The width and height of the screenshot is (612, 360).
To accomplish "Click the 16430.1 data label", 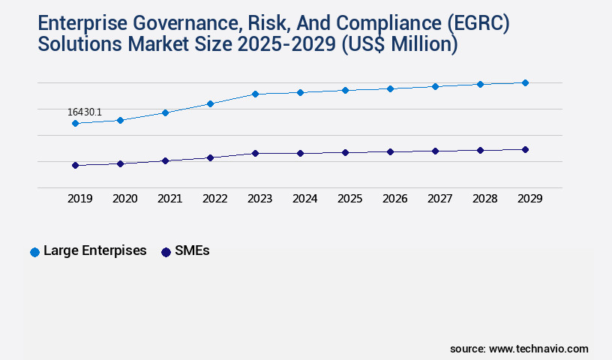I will click(x=85, y=112).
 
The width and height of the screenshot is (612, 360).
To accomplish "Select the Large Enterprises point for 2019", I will click(x=75, y=123).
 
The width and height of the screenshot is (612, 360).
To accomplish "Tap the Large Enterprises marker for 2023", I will click(x=255, y=94).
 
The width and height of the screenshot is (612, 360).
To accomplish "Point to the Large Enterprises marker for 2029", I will click(x=525, y=82).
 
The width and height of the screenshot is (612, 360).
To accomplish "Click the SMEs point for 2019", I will click(x=75, y=165).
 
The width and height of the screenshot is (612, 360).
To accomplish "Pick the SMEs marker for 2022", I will click(x=210, y=157).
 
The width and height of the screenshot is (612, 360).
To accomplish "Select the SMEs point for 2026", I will click(x=390, y=151).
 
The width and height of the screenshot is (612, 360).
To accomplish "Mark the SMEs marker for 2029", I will click(x=525, y=149).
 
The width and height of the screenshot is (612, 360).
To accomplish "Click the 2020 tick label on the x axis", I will click(x=124, y=199).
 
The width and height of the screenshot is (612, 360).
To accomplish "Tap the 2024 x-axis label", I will click(x=304, y=199).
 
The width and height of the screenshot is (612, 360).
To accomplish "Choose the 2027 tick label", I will click(x=439, y=199).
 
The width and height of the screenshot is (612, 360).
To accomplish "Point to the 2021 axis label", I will click(x=169, y=199).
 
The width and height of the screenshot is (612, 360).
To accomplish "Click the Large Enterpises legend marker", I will click(x=34, y=252).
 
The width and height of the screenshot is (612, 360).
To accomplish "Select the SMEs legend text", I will click(x=192, y=251).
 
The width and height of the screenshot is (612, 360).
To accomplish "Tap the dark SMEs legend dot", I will click(x=166, y=252).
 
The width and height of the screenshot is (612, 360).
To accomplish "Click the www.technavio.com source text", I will click(x=538, y=349).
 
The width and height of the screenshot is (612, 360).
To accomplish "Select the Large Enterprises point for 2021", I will click(x=165, y=112).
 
